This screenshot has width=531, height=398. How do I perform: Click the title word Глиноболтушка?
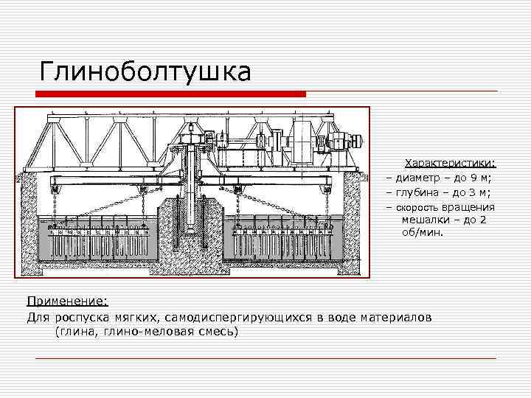pos(145,71)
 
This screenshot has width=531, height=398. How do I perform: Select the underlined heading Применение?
pos(67,301)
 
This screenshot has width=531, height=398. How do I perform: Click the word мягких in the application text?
pos(135,317)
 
